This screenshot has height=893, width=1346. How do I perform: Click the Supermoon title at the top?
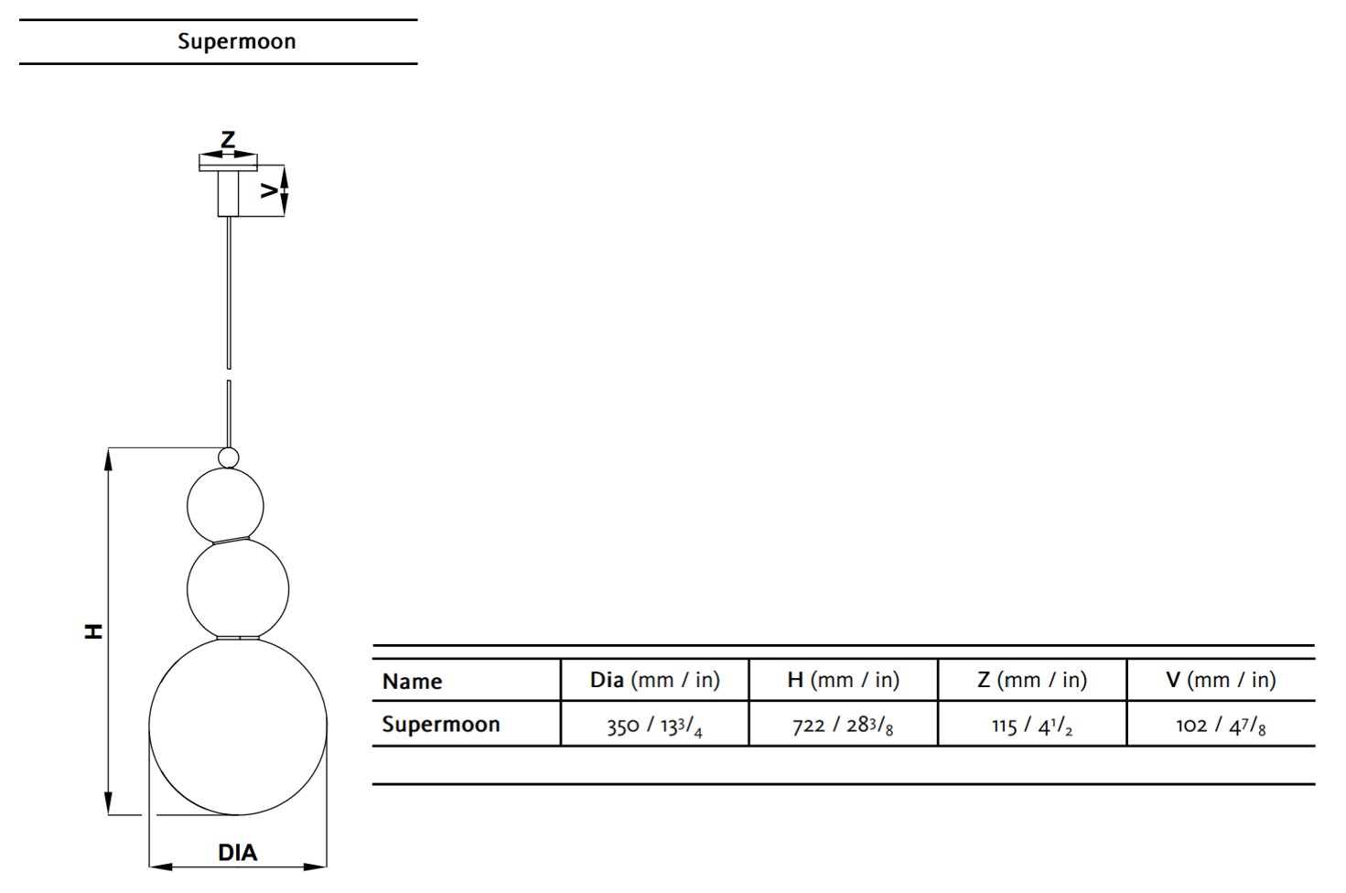237,41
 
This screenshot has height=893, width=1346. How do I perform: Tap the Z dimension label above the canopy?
228,139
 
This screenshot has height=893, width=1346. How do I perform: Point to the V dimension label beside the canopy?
269,190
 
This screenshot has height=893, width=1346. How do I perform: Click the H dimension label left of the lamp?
93,631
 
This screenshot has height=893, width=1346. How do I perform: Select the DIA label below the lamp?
237,852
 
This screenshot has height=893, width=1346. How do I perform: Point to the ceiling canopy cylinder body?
229,193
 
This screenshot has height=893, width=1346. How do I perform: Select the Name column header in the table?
412,681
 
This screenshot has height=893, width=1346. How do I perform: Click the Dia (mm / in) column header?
655,680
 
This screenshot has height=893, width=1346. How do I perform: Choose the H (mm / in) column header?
844,680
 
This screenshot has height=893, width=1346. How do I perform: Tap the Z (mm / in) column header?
1032,680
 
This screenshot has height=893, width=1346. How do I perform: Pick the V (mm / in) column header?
1221,680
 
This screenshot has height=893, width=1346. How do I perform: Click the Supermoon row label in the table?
441,724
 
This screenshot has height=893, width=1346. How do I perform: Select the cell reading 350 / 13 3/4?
654,726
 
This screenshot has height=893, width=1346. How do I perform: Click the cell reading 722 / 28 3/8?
843,726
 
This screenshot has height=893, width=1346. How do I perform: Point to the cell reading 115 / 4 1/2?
1032,726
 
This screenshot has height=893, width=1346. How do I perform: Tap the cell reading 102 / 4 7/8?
1221,726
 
